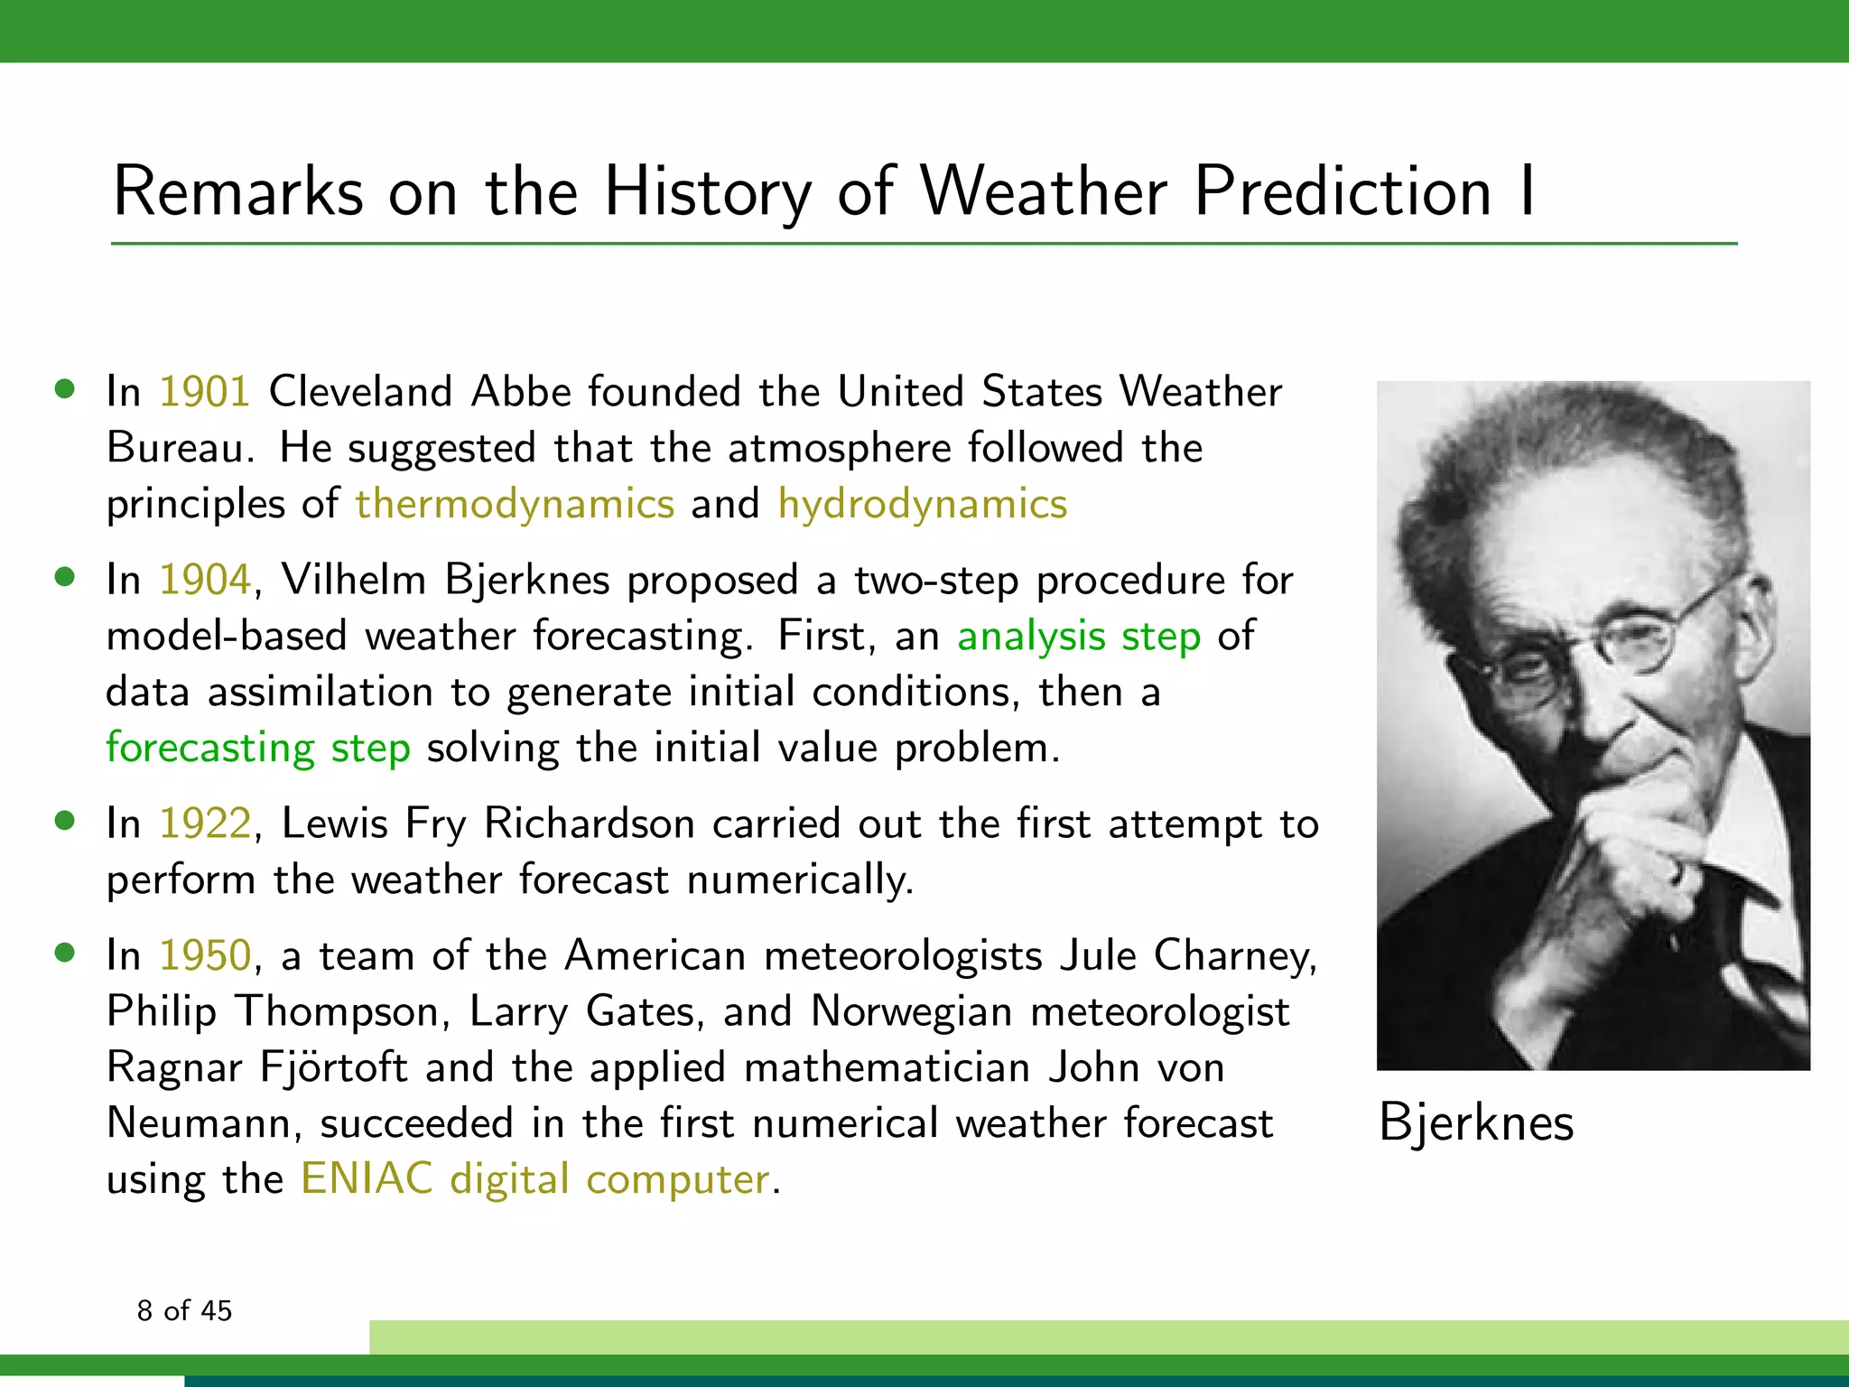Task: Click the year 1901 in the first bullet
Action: (205, 393)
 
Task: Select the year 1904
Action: (205, 581)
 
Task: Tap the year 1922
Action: (205, 824)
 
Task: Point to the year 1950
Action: (205, 956)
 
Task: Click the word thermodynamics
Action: (515, 505)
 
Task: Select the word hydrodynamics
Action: (922, 505)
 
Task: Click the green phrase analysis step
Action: (1079, 637)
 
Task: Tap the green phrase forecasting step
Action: (258, 749)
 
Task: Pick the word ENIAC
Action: (367, 1179)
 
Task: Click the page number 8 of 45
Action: (184, 1310)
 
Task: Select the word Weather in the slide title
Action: (1043, 191)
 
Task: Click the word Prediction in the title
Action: (1343, 191)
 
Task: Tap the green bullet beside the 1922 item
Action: (64, 821)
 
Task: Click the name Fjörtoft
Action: (333, 1067)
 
